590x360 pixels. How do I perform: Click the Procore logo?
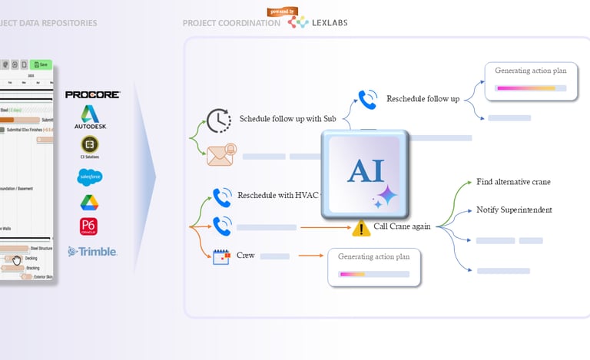click(92, 94)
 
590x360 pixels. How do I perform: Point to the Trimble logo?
click(92, 251)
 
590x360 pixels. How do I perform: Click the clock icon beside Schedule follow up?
click(219, 121)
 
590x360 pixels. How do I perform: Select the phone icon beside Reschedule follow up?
click(368, 99)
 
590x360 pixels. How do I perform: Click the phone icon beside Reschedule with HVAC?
click(223, 197)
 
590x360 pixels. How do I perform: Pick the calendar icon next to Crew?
click(222, 257)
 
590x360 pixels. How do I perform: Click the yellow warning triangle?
click(361, 228)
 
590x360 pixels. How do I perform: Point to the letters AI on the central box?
click(366, 172)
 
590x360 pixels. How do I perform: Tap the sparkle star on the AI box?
click(384, 197)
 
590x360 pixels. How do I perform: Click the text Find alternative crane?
click(513, 182)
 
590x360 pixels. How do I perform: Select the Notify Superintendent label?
click(514, 210)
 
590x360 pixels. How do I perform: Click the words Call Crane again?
click(402, 226)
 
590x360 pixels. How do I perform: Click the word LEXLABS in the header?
click(330, 23)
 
